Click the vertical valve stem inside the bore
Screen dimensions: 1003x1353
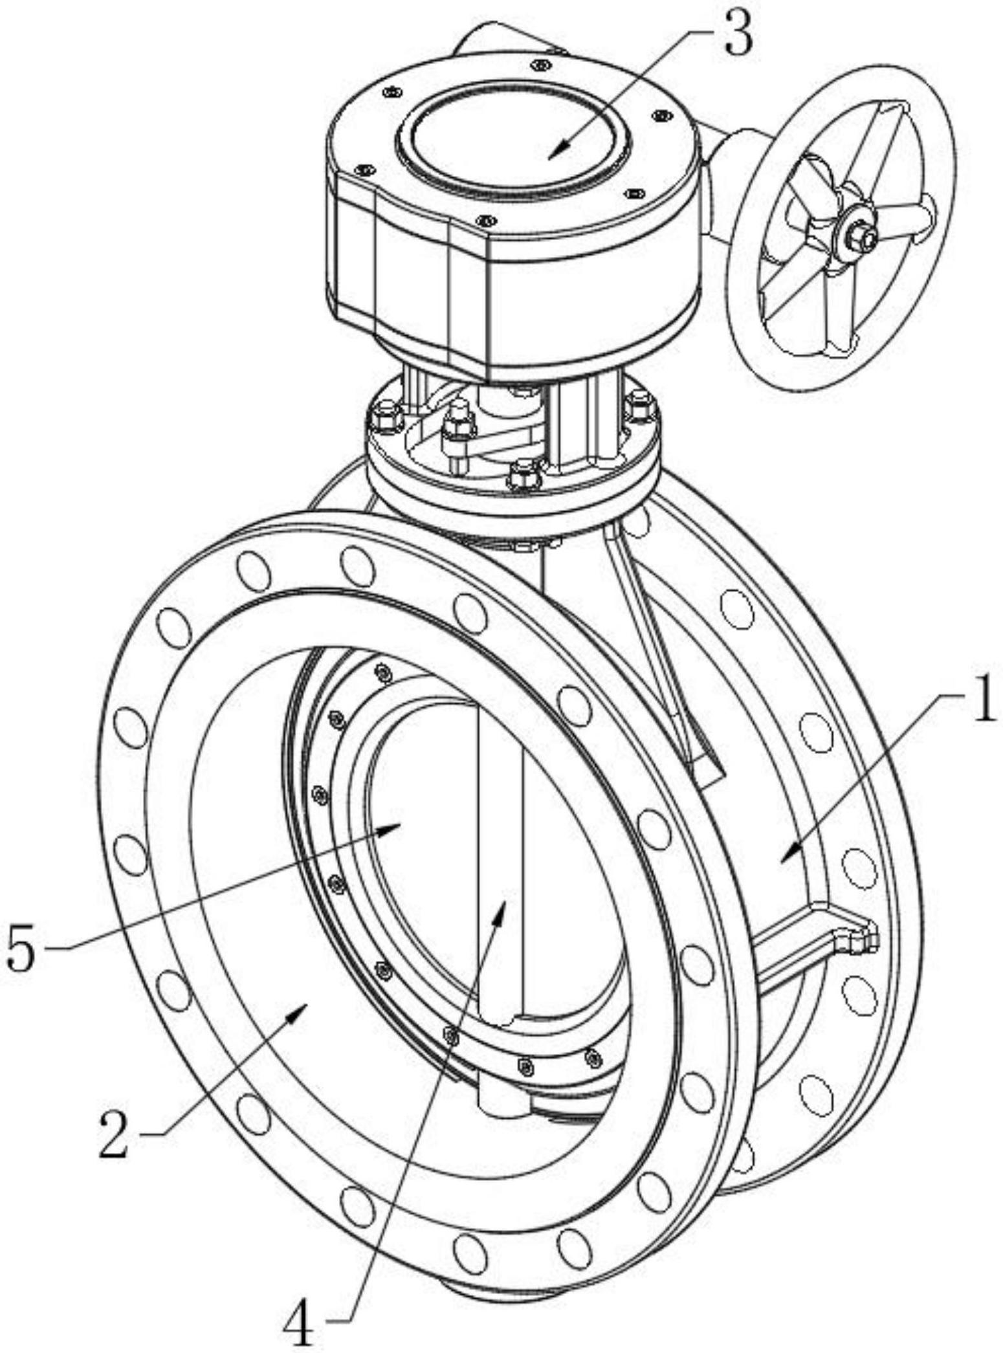501,841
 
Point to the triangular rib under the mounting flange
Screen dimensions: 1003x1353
660,647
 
